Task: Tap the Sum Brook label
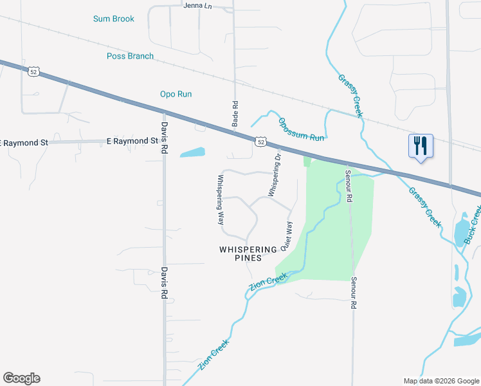coord(114,19)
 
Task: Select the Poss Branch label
coord(130,56)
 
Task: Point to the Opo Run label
coord(176,94)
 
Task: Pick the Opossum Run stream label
coord(301,129)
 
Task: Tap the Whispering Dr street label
coord(275,174)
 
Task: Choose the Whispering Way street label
coord(220,199)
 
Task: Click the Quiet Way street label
coord(286,237)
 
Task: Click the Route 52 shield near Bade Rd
coord(260,141)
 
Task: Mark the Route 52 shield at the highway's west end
coord(34,71)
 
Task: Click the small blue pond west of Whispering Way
coord(192,153)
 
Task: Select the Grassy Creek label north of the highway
coord(351,95)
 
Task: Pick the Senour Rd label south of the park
coord(354,293)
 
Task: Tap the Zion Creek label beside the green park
coord(268,281)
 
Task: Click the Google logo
coord(21,378)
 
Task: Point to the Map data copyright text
coord(440,381)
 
